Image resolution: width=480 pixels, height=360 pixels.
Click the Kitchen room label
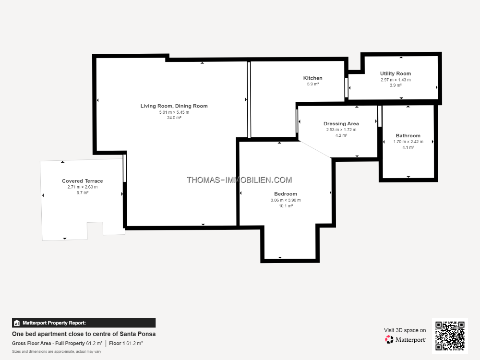click(312, 78)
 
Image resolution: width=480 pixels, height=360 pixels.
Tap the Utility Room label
click(396, 73)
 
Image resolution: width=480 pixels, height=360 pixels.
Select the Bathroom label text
click(408, 136)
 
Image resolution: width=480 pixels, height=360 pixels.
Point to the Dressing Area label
click(341, 124)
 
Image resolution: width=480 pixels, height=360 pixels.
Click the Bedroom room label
click(286, 194)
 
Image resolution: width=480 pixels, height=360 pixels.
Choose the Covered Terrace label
click(83, 181)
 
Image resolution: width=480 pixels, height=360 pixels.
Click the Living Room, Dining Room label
click(174, 106)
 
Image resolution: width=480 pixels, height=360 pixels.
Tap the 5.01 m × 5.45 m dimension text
click(174, 112)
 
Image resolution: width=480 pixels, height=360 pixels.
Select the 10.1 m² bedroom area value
click(286, 206)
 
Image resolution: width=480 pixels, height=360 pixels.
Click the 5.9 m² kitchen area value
click(313, 84)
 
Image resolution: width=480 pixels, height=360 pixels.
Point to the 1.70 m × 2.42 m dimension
click(408, 142)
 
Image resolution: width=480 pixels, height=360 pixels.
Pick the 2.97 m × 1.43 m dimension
click(396, 80)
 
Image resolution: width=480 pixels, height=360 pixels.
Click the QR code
click(450, 336)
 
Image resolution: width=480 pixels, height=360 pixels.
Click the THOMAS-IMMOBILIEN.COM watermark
click(240, 180)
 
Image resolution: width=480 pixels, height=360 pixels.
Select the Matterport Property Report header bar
click(84, 323)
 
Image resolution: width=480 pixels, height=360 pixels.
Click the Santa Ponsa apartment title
click(84, 334)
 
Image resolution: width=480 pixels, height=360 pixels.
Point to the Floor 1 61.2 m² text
click(126, 344)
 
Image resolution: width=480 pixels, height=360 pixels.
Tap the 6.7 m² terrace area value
click(83, 193)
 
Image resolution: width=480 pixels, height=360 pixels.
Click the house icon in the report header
click(17, 323)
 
